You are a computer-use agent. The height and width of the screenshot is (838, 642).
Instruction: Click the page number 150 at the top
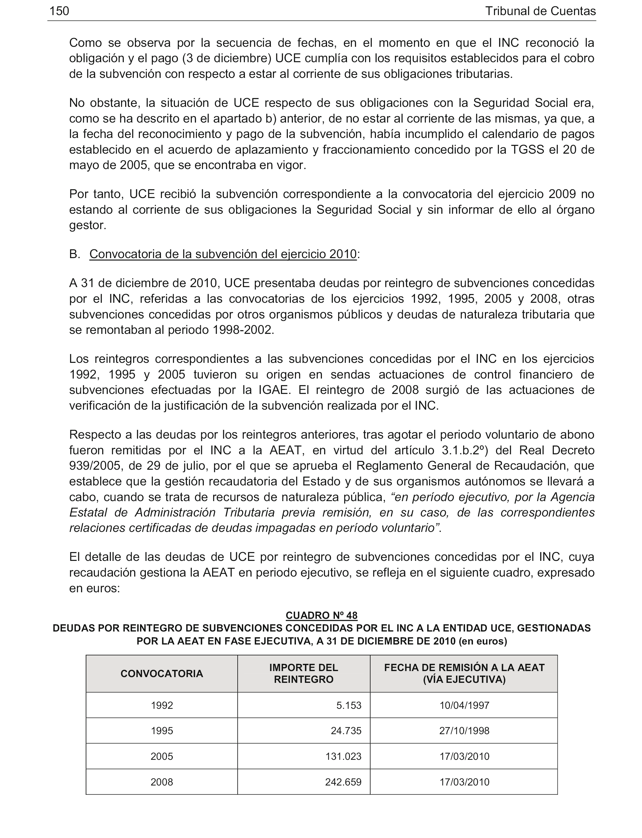coord(59,11)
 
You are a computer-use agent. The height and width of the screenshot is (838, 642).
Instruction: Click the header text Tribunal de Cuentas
coord(540,11)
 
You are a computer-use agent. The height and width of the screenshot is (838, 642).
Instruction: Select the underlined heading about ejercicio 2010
coord(223,254)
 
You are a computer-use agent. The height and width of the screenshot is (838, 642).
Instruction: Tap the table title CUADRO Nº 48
coord(321,615)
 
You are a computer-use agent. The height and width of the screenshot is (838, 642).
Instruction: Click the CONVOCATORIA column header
coord(162,673)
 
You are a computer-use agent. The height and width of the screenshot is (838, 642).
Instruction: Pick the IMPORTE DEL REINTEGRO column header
coord(303,673)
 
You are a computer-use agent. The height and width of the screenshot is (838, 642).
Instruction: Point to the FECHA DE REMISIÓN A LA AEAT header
coord(464,673)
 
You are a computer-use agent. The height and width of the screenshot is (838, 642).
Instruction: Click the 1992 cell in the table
coord(162,705)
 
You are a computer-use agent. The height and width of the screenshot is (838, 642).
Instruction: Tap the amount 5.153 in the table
coord(348,705)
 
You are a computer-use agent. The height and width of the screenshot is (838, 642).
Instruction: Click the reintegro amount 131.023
coord(343,756)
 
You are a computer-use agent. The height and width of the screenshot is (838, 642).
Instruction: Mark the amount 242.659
coord(343,782)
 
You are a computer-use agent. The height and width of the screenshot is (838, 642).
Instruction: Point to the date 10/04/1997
coord(464,705)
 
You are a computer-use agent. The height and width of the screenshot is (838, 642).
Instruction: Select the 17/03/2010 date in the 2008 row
coord(464,782)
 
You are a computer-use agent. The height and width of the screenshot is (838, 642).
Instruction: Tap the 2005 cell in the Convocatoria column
coord(162,756)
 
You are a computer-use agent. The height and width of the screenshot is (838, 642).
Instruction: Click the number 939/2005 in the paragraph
coord(93,466)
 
